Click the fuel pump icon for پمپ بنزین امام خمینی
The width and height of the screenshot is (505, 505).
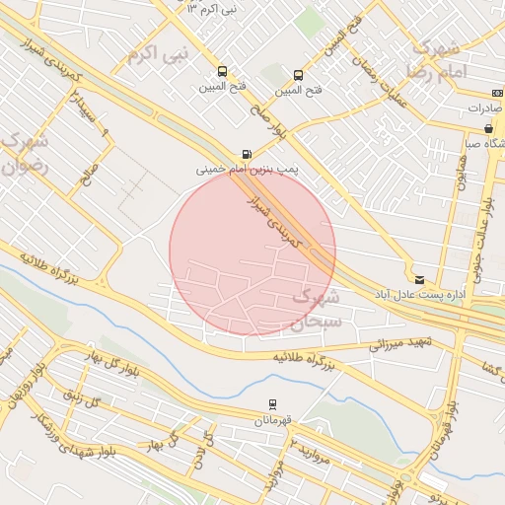pyautogui.click(x=246, y=154)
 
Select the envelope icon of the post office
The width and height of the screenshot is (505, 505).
pyautogui.click(x=419, y=280)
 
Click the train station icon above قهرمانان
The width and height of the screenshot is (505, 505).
pyautogui.click(x=273, y=404)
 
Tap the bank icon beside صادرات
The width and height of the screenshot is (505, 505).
pyautogui.click(x=496, y=93)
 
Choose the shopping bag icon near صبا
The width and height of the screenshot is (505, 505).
pyautogui.click(x=488, y=129)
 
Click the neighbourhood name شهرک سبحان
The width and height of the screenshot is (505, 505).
pyautogui.click(x=317, y=308)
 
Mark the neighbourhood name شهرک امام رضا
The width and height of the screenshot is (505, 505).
pyautogui.click(x=434, y=59)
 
